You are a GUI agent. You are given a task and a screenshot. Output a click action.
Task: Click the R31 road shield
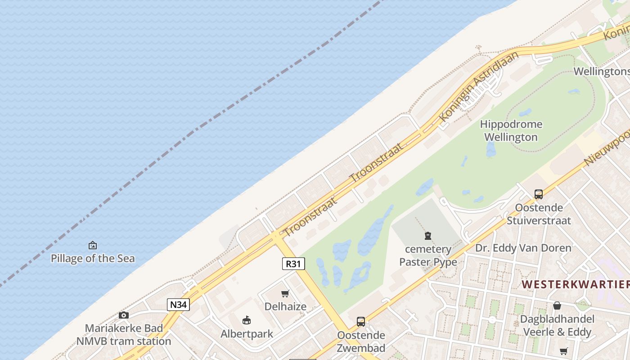pyautogui.click(x=293, y=263)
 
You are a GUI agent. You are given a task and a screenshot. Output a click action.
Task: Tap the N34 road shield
pyautogui.click(x=178, y=305)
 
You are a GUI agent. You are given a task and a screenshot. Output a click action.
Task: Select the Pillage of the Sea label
pyautogui.click(x=92, y=258)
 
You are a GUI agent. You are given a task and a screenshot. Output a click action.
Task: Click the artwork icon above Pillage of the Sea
pyautogui.click(x=92, y=245)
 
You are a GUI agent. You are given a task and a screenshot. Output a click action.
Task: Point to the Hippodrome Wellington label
pyautogui.click(x=511, y=130)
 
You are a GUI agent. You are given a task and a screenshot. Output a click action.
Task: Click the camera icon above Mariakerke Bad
pyautogui.click(x=124, y=315)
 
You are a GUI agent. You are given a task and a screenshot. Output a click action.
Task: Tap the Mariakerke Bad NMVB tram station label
pyautogui.click(x=124, y=334)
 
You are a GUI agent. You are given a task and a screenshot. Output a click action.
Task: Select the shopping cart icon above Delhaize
pyautogui.click(x=285, y=294)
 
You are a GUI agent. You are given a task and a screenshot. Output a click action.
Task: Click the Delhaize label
pyautogui.click(x=285, y=306)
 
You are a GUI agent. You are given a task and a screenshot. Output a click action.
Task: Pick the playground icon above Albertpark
pyautogui.click(x=247, y=320)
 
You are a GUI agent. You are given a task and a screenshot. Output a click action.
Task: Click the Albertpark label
pyautogui.click(x=247, y=334)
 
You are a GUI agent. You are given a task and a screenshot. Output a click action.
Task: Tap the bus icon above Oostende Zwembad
pyautogui.click(x=361, y=322)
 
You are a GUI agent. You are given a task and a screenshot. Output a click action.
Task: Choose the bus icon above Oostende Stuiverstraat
pyautogui.click(x=539, y=194)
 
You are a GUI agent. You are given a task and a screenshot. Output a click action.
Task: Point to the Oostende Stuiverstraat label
pyautogui.click(x=539, y=214)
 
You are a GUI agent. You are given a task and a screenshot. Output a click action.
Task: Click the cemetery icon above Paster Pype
pyautogui.click(x=427, y=236)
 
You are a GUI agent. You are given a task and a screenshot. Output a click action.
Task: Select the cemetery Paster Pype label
pyautogui.click(x=428, y=255)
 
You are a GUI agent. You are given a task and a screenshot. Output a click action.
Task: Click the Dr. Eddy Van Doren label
pyautogui.click(x=523, y=248)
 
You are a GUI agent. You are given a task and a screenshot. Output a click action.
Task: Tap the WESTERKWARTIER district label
pyautogui.click(x=576, y=284)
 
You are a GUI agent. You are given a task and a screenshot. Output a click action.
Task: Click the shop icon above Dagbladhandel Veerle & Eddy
pyautogui.click(x=557, y=306)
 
